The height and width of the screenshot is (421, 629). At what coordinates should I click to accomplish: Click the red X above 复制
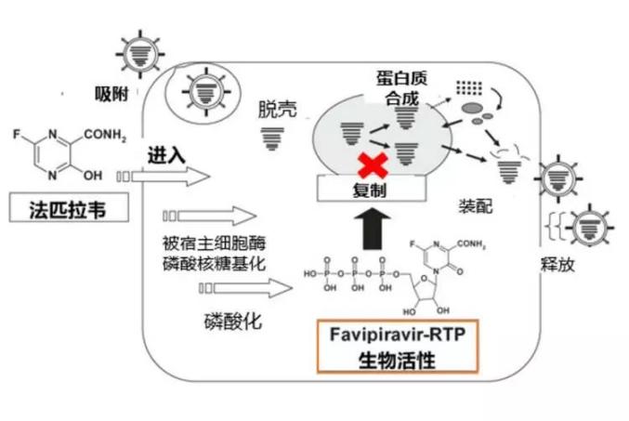(x=373, y=165)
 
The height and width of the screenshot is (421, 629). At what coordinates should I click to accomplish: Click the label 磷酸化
(x=233, y=322)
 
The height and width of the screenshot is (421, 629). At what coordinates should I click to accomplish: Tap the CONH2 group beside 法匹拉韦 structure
(x=117, y=138)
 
